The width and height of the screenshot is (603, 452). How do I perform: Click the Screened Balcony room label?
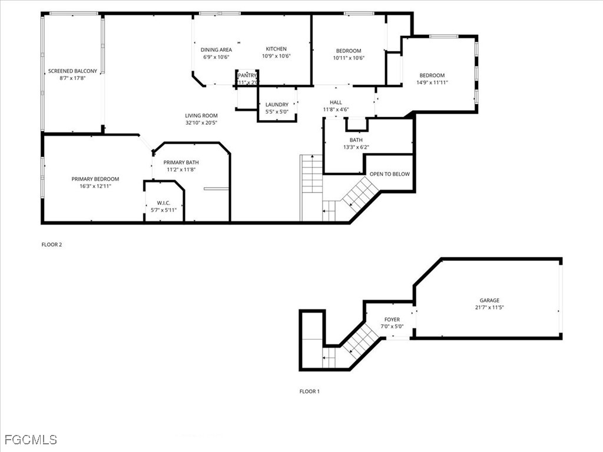pos(72,71)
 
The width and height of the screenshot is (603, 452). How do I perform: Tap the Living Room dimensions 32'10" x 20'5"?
pos(202,123)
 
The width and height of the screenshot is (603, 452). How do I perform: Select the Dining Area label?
pos(216,50)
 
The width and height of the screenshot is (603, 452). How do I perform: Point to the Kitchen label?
pos(276,49)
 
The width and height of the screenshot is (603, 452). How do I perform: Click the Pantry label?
pos(247,75)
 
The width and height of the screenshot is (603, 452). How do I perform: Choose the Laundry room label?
pos(277,105)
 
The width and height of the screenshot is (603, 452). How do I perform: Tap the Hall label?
pos(336,102)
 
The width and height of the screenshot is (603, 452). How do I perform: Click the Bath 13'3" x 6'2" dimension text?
pos(356,147)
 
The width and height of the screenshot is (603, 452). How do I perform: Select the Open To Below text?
pos(389,174)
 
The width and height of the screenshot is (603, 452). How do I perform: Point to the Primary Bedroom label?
pos(95,179)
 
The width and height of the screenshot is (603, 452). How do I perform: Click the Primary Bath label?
pos(181,162)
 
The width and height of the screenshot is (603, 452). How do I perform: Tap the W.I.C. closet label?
pos(163,203)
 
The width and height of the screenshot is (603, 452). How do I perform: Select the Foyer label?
pos(392,320)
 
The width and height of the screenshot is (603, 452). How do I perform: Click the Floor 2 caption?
pos(51,244)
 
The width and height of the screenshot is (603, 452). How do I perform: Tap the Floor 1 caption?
pos(309,391)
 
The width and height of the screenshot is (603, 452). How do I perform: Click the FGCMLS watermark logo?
pos(31,440)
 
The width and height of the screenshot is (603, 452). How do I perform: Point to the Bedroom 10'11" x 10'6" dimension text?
pos(349,58)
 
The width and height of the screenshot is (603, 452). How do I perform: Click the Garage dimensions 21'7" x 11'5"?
pos(489,307)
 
